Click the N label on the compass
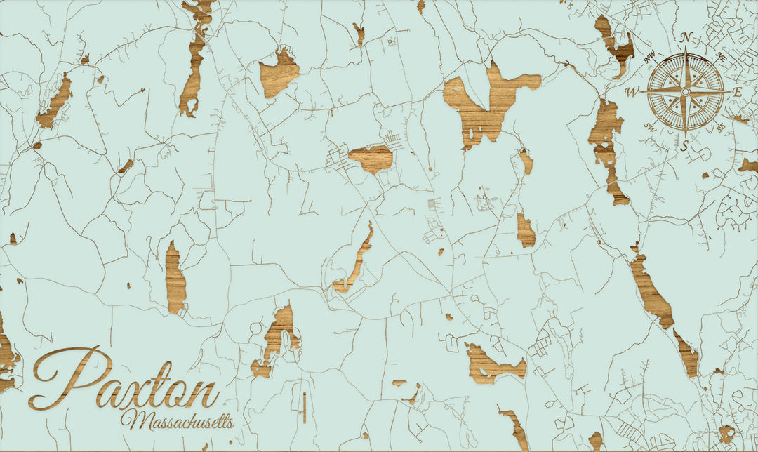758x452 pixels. (686, 38)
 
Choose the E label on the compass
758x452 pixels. (737, 92)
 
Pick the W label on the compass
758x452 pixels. (631, 92)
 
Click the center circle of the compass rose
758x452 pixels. (686, 91)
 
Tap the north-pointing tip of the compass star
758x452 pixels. (686, 51)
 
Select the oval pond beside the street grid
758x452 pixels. (370, 159)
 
